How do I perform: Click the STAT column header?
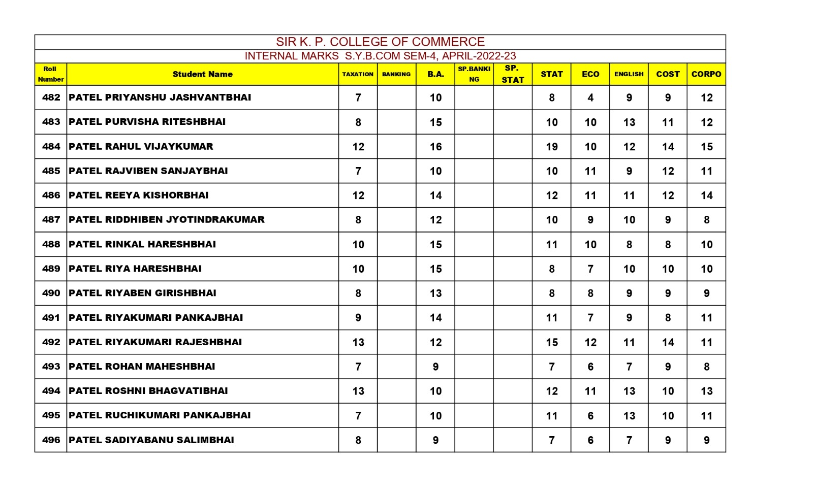tap(551, 74)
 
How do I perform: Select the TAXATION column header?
tap(358, 74)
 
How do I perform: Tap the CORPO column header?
tap(706, 74)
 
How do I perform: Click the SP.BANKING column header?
tap(474, 74)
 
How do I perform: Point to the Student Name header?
tap(202, 74)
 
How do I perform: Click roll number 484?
tap(51, 146)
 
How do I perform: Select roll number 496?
tap(51, 440)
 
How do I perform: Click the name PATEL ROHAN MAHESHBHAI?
tap(142, 367)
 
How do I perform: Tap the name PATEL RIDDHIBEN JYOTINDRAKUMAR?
tap(166, 220)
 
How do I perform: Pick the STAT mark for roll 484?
tap(551, 147)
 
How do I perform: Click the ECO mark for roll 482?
tap(590, 97)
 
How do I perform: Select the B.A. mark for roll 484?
tap(435, 147)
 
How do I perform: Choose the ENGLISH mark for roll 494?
tap(629, 391)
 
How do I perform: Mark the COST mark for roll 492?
tap(668, 342)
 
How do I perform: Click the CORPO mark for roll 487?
tap(706, 220)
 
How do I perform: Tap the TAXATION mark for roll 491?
tap(358, 318)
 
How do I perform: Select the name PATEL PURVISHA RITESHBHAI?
tap(147, 122)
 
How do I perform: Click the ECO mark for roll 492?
tap(590, 342)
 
